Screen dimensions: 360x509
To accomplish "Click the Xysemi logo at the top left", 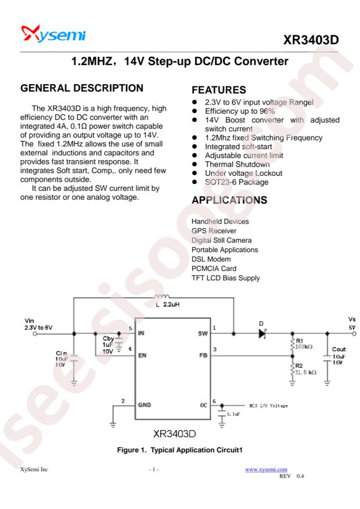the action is [53, 34].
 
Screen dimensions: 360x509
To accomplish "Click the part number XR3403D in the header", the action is [311, 40].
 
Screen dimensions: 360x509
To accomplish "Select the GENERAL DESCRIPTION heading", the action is [82, 88].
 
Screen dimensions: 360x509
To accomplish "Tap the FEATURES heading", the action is [219, 89].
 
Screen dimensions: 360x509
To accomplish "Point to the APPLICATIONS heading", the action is [229, 200].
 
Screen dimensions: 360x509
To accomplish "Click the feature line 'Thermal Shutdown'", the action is [237, 164].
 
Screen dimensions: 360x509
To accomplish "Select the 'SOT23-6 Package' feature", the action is [237, 182].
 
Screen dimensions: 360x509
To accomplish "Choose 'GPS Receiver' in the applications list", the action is [214, 231].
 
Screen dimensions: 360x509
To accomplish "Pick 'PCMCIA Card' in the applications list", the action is [214, 269].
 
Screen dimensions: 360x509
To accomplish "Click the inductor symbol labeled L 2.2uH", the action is [161, 296].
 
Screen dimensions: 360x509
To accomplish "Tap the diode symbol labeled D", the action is [262, 333].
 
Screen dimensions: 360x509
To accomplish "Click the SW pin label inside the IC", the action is [203, 333].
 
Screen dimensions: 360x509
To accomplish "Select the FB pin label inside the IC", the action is [203, 355].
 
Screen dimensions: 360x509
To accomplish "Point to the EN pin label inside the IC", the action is [142, 355].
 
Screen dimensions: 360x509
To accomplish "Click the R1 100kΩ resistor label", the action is [304, 344].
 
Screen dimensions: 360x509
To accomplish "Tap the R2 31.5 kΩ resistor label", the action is [305, 369].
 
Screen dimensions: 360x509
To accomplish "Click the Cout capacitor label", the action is [339, 349].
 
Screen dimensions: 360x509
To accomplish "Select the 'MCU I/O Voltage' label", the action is [268, 406].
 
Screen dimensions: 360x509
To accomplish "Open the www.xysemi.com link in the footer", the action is [266, 470].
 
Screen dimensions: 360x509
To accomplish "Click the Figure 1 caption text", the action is [180, 450].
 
